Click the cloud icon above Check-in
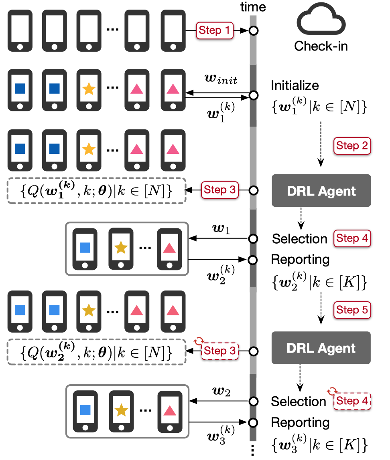321,22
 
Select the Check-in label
321,46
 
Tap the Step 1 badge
214,30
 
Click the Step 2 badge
352,145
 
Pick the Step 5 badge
352,310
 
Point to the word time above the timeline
252,7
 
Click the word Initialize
295,85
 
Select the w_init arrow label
221,81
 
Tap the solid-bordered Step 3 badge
219,190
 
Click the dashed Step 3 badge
219,351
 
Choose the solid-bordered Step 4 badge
352,238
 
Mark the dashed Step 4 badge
352,401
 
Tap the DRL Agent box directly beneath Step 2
321,191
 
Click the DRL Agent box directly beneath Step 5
321,348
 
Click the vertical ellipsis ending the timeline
253,451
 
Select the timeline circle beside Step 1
253,30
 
